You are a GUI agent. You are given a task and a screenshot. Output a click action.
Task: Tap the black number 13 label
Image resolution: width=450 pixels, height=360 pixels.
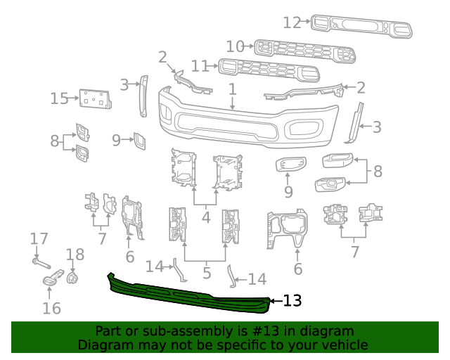pos(292,301)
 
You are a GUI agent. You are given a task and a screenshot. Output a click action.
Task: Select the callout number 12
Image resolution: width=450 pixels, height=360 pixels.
pos(292,22)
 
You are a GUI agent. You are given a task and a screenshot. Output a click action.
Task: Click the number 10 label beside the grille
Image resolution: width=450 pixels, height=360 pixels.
pos(236,46)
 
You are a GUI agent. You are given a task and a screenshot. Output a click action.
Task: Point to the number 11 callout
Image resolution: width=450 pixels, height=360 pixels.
pos(200,66)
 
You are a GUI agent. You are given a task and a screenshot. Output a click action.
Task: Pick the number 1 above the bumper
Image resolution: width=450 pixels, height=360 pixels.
pos(232,89)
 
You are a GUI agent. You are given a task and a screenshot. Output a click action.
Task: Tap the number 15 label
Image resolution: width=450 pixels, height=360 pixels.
pos(58,98)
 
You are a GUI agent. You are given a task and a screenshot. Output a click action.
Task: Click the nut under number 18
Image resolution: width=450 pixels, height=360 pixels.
pos(72,278)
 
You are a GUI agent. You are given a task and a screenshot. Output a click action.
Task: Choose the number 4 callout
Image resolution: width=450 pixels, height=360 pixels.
pos(205,217)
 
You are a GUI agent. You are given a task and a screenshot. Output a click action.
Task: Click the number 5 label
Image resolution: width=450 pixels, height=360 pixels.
pos(205,272)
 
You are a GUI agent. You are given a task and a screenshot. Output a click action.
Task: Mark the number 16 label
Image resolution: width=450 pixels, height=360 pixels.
pos(51,308)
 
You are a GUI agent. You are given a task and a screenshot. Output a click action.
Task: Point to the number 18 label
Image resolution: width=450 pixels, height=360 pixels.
pos(75,255)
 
